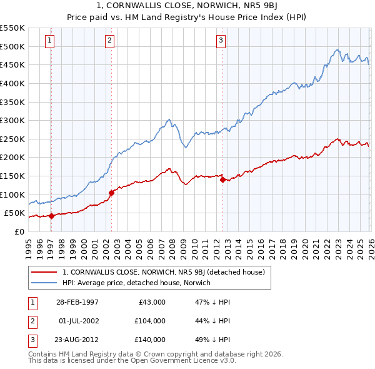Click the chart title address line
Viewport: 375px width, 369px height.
187,6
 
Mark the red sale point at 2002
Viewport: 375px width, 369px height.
111,193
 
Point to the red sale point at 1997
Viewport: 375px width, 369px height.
51,216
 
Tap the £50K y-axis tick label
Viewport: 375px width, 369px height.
14,213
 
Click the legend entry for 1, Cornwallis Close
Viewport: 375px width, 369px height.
164,272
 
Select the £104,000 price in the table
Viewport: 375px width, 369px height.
150,321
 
